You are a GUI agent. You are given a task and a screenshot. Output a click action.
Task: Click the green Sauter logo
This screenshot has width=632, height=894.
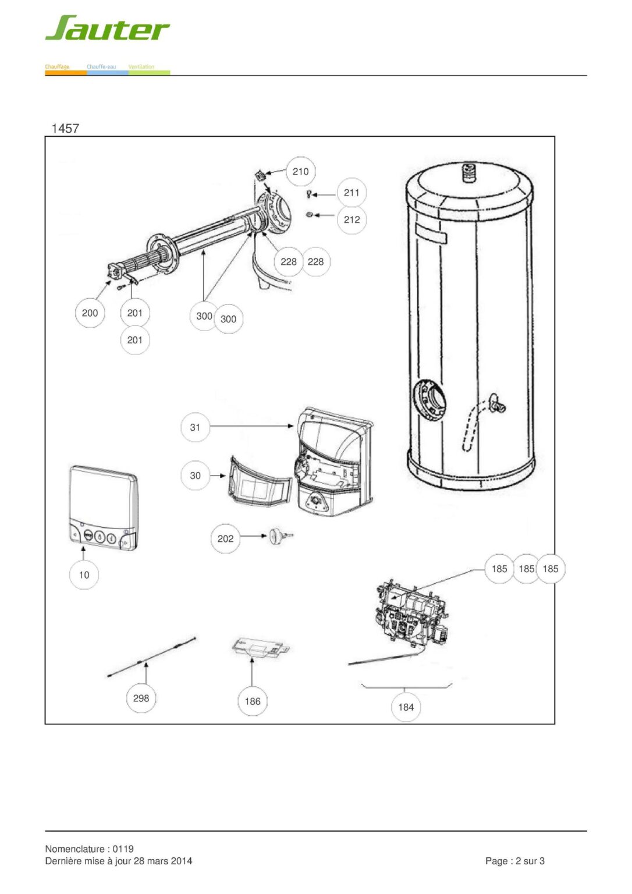coord(107,28)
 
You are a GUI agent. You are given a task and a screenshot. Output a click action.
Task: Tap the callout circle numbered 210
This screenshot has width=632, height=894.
coord(300,172)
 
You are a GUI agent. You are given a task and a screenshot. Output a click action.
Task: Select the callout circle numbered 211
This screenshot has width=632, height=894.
coord(351,193)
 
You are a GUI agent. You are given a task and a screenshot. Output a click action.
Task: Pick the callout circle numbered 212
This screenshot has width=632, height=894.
coord(351,219)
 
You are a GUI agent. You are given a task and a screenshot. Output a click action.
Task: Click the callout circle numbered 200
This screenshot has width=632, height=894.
coord(90,313)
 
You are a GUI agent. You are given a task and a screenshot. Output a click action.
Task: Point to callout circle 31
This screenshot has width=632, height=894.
coord(195,427)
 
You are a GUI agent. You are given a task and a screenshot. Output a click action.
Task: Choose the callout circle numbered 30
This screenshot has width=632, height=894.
coord(195,476)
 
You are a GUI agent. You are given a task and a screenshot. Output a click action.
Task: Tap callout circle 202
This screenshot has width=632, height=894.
coord(225,539)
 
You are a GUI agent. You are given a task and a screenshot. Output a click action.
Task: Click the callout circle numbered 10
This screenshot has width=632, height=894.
coord(84,574)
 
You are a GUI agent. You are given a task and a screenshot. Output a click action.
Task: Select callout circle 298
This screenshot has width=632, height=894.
coord(141,698)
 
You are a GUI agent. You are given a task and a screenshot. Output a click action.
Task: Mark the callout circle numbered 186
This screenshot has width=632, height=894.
coord(253,701)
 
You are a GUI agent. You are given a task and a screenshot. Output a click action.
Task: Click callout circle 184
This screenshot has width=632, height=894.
coord(406,707)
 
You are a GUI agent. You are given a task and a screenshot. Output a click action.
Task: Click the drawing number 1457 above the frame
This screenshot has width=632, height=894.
coord(65,128)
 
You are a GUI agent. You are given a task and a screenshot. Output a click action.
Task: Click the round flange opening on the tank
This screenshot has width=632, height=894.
coord(430,399)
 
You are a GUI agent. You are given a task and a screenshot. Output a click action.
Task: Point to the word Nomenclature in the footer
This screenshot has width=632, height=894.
coord(76,849)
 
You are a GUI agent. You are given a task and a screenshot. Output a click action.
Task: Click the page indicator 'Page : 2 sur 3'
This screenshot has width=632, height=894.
coord(514,861)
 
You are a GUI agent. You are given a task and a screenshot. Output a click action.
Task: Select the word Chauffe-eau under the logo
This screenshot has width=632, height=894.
coord(101,67)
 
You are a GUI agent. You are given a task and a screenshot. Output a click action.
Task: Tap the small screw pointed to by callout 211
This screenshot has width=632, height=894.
coord(308,194)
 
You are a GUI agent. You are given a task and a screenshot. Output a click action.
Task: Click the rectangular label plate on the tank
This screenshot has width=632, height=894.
coord(431,234)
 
